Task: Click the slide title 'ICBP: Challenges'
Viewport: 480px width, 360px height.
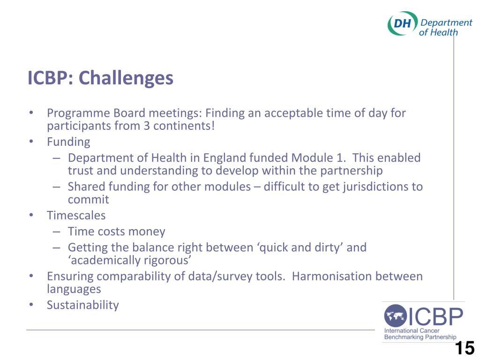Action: point(100,78)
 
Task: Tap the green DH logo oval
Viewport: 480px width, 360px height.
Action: point(402,23)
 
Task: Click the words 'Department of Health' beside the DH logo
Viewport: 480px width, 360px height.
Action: point(445,27)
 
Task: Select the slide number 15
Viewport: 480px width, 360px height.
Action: point(465,349)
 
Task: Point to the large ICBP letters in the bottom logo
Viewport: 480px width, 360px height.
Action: point(435,317)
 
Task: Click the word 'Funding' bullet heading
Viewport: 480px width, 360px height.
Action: point(68,142)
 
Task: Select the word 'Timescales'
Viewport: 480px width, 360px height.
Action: point(76,216)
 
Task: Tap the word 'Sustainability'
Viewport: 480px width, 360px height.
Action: point(82,305)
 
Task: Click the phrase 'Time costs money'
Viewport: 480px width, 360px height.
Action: point(116,232)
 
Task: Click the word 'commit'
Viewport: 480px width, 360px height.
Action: point(88,200)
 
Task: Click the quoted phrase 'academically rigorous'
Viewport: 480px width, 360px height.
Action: point(130,261)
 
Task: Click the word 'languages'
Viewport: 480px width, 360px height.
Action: point(74,289)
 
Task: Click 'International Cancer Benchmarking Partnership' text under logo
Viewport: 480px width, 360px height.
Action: point(420,333)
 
